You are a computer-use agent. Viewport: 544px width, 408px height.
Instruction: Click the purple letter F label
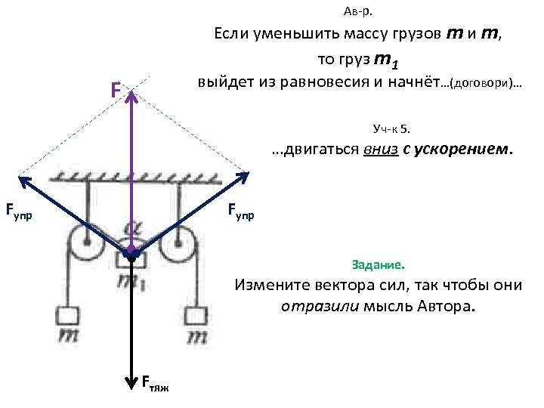115,91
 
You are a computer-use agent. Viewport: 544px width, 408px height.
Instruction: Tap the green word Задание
378,265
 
